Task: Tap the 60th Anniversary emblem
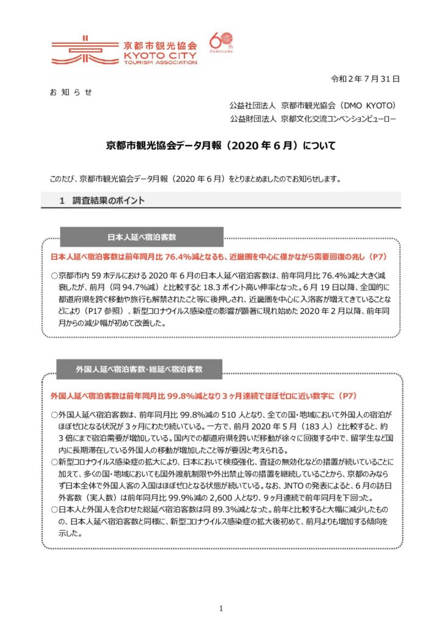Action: tap(220, 44)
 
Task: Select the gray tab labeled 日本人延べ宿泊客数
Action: tap(141, 236)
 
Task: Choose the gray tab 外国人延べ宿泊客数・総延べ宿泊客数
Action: tap(139, 369)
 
